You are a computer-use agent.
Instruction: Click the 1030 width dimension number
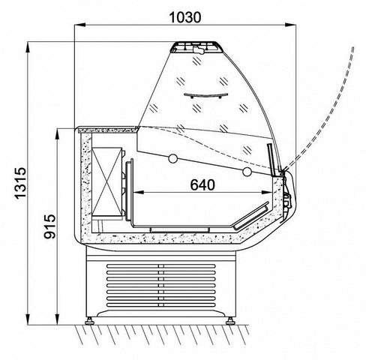click(x=184, y=17)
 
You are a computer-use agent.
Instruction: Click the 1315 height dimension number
click(x=20, y=183)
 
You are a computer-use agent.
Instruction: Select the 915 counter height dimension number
click(x=49, y=226)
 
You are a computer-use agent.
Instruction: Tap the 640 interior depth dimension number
click(x=202, y=184)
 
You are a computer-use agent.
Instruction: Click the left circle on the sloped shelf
click(x=172, y=158)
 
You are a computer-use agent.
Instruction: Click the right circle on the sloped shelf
click(x=247, y=171)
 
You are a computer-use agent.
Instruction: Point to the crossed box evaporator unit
click(x=107, y=181)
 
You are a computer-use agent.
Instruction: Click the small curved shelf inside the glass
click(x=205, y=95)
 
